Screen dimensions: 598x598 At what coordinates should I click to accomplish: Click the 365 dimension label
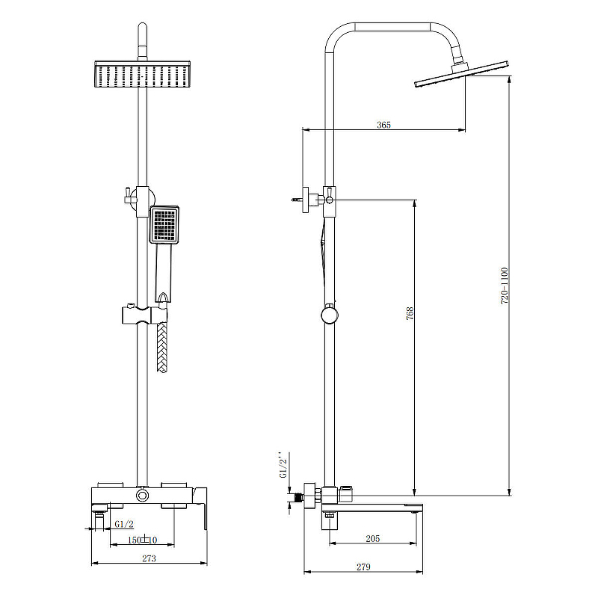point(383,125)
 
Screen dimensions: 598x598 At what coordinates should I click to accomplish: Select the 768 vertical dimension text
point(410,313)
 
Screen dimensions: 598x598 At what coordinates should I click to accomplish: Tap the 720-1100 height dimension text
point(504,286)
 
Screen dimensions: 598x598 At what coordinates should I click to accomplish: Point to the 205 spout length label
point(372,538)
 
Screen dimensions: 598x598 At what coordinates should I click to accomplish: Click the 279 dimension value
point(363,567)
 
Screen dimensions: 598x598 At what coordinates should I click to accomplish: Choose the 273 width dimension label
point(149,558)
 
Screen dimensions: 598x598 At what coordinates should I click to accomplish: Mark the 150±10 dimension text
point(142,540)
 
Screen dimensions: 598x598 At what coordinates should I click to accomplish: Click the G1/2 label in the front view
point(124,524)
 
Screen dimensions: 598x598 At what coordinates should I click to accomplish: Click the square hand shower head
point(164,224)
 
